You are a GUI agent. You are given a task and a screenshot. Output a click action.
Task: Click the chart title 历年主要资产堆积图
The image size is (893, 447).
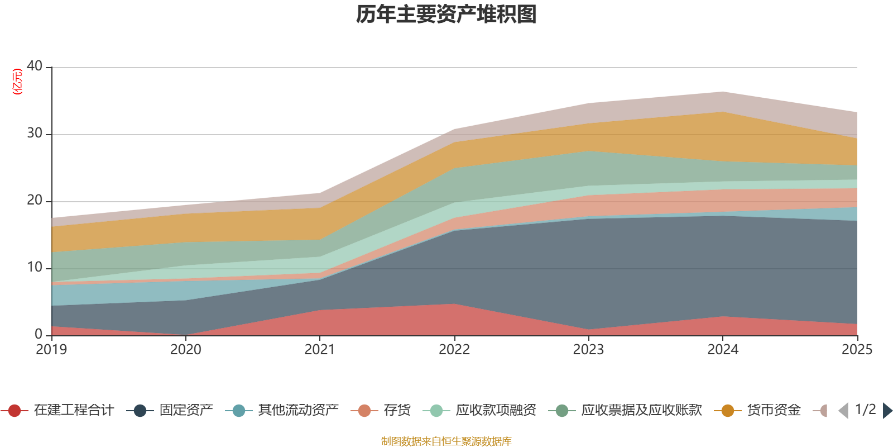[x=446, y=15]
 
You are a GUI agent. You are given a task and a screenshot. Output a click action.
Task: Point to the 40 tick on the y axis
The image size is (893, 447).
[x=35, y=66]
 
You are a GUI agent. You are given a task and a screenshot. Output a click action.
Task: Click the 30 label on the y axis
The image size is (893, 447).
[x=35, y=133]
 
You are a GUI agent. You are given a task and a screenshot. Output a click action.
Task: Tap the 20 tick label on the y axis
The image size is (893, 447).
[x=35, y=200]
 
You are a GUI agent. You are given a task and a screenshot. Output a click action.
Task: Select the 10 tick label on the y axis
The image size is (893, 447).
[x=35, y=267]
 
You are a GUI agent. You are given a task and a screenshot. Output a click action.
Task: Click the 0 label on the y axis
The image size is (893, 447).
[x=39, y=334]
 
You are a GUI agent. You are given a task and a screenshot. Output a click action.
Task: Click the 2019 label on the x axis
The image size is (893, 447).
[x=51, y=350]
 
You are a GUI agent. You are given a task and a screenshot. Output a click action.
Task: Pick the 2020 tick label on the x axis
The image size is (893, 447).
[x=185, y=350]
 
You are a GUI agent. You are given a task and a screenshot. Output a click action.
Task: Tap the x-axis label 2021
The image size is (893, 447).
[x=319, y=350]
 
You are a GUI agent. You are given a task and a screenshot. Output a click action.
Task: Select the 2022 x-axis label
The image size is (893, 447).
[x=454, y=350]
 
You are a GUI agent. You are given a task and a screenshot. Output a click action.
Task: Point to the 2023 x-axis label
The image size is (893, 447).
[x=588, y=350]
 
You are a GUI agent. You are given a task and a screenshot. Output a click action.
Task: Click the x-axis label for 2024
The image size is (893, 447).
[x=723, y=350]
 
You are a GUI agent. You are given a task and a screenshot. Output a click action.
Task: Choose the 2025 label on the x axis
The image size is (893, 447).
[x=857, y=350]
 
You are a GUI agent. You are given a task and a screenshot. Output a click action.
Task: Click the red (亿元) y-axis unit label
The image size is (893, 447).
[x=17, y=82]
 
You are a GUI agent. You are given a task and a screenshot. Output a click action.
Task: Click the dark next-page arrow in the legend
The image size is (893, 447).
[x=887, y=411]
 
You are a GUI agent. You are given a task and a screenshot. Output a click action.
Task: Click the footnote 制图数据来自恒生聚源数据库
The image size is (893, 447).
[x=446, y=441]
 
